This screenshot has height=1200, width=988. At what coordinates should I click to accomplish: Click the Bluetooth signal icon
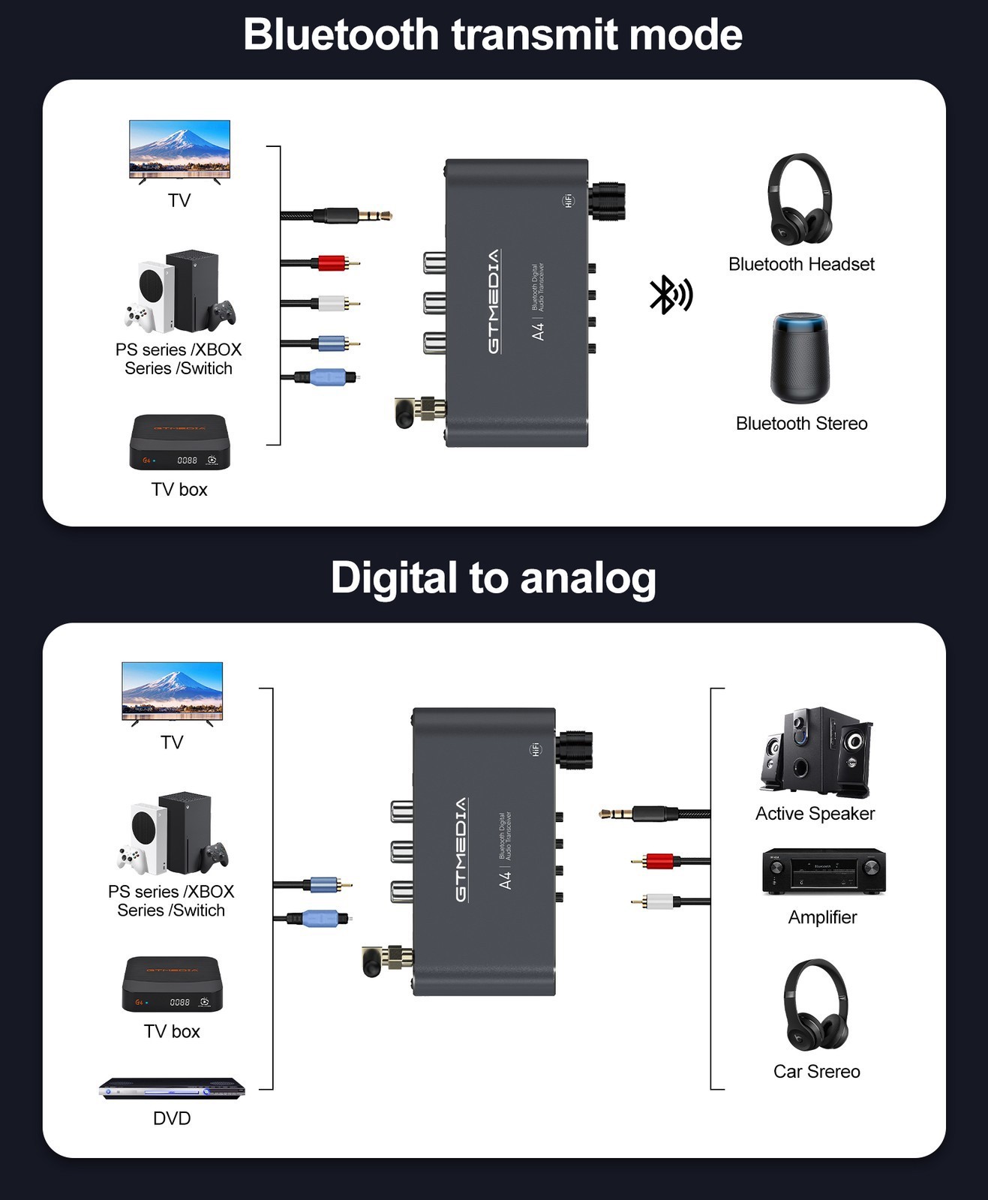pos(671,295)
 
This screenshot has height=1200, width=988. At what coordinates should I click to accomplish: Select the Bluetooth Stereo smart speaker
pos(800,358)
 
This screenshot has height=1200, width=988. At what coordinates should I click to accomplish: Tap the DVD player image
pos(172,1088)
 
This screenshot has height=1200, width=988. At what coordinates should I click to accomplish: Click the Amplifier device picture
pos(824,871)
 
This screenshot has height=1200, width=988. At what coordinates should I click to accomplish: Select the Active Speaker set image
pos(815,751)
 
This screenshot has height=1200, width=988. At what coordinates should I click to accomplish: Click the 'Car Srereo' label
pos(816,1072)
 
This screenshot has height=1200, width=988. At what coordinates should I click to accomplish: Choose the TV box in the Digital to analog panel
pos(172,984)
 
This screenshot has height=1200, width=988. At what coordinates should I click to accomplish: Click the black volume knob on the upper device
pos(608,202)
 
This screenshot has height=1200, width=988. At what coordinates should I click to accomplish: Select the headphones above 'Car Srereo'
pos(816,1004)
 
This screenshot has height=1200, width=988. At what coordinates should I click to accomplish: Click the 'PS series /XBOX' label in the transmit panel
pos(179,349)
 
